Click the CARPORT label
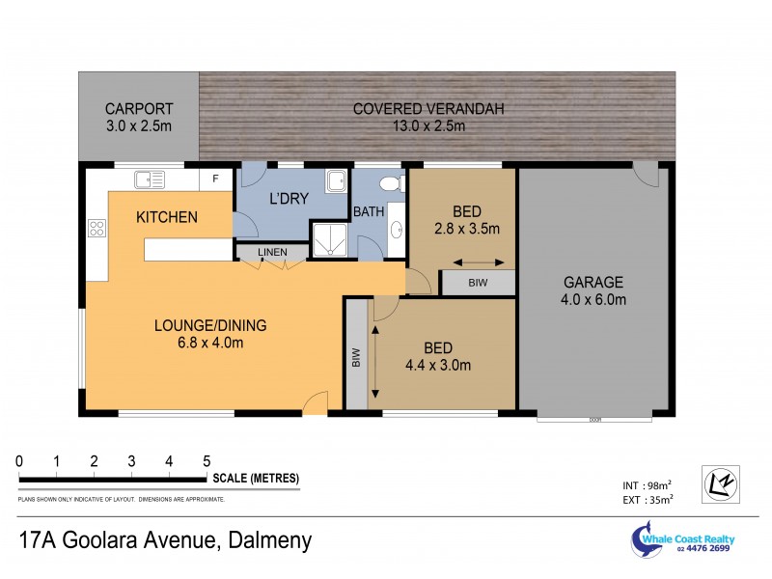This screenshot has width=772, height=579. [x=138, y=108]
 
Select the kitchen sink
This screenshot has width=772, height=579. [x=150, y=178]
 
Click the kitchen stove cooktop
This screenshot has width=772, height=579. [x=97, y=229]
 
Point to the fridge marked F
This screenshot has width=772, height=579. [x=214, y=179]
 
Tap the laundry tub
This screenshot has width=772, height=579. [x=336, y=180]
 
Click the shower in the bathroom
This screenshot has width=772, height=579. [x=328, y=239]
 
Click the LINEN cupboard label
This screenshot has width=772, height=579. [x=272, y=253]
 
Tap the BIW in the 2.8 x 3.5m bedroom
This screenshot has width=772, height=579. [x=478, y=283]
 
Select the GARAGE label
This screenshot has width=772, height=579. [x=594, y=282]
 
